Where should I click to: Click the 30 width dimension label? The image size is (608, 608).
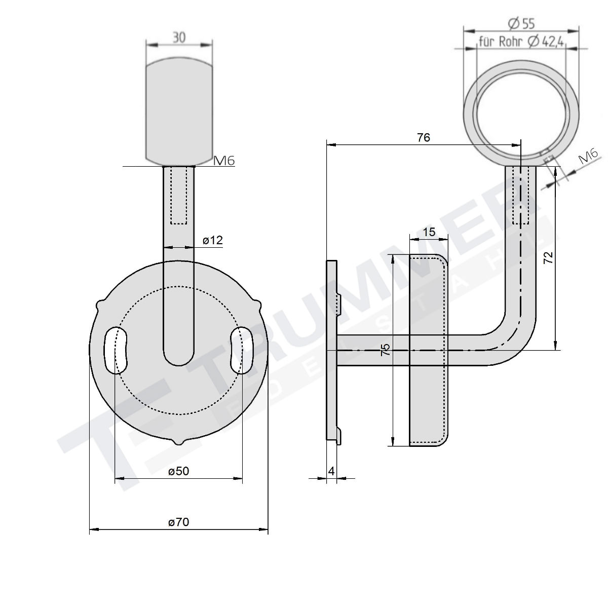[179, 37]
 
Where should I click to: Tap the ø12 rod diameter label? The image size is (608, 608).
[213, 241]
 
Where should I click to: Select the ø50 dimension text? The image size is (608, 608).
[178, 471]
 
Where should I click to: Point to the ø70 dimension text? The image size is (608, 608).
[178, 522]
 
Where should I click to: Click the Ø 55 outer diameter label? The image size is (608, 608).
[521, 23]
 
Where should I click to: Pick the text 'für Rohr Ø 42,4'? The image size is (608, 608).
[521, 42]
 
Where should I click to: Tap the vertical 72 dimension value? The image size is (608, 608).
[548, 258]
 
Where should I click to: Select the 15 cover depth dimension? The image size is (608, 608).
[429, 232]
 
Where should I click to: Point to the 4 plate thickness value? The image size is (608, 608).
[331, 471]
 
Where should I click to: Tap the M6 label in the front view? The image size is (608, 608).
[223, 161]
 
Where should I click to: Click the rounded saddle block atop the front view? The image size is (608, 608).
[178, 111]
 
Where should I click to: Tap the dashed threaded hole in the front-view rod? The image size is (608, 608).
[178, 195]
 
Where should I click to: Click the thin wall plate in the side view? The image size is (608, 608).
[332, 350]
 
